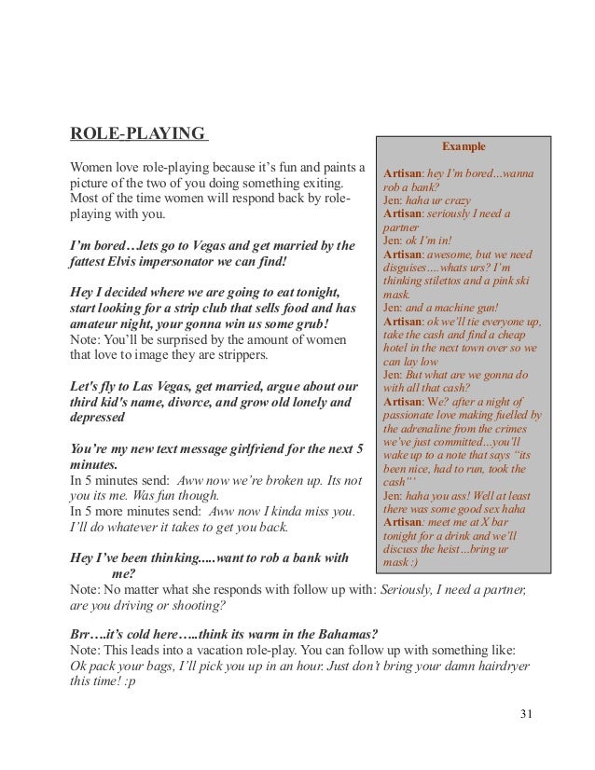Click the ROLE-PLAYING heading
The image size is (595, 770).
[138, 133]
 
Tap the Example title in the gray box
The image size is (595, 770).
[464, 146]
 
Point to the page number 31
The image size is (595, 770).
[527, 714]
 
